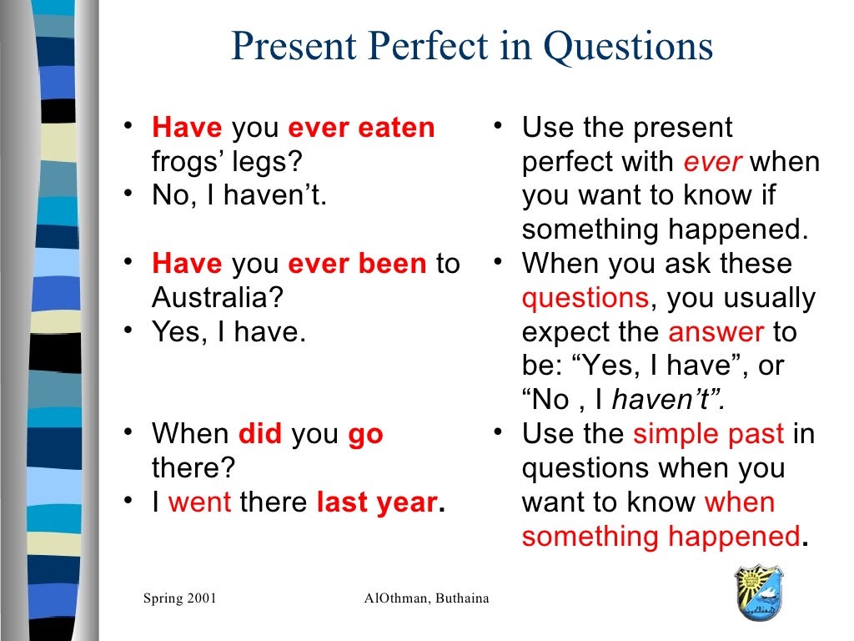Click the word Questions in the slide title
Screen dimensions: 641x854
[628, 48]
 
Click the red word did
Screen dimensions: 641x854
[260, 434]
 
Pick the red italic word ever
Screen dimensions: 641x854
[712, 162]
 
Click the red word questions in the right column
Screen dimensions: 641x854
[585, 298]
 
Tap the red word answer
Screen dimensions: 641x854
[716, 332]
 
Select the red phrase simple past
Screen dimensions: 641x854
[708, 434]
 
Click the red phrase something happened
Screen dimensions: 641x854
[661, 536]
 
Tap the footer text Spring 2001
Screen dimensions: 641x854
[179, 598]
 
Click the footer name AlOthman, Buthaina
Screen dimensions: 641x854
[426, 598]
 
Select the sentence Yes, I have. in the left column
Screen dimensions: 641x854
[229, 332]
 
